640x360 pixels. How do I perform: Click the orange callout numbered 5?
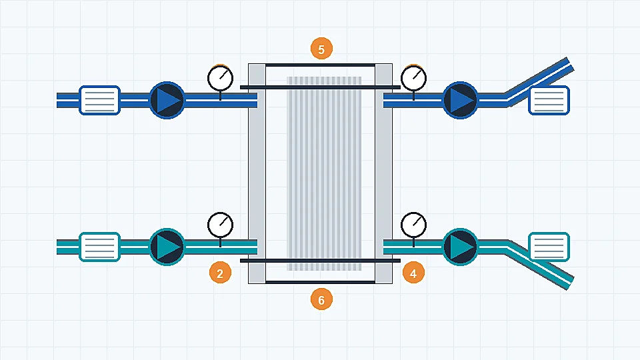tap(321, 49)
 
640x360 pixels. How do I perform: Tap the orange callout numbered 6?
tap(321, 299)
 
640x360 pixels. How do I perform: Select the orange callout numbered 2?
tap(220, 273)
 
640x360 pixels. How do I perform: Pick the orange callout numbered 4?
tap(413, 273)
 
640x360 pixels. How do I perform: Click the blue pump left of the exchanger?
tap(167, 100)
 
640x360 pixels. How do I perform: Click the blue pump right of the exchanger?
tap(460, 100)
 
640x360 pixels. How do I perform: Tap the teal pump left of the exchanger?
tap(167, 247)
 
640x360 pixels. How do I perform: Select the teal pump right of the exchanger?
tap(460, 247)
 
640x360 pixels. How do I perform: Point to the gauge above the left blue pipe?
tap(221, 78)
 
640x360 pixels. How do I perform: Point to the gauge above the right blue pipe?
tap(413, 78)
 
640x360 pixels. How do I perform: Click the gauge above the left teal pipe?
tap(221, 225)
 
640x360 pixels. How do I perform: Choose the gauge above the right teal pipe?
tap(413, 225)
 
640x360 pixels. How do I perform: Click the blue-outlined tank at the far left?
tap(99, 100)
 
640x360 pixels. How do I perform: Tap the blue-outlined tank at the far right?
tap(549, 100)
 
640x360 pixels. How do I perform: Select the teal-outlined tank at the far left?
tap(99, 247)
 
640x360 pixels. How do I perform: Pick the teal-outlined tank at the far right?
tap(549, 247)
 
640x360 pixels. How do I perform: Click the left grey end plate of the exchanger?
tap(257, 173)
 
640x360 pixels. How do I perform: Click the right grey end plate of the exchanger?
tap(384, 173)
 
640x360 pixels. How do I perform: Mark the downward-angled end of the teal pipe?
tap(570, 283)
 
